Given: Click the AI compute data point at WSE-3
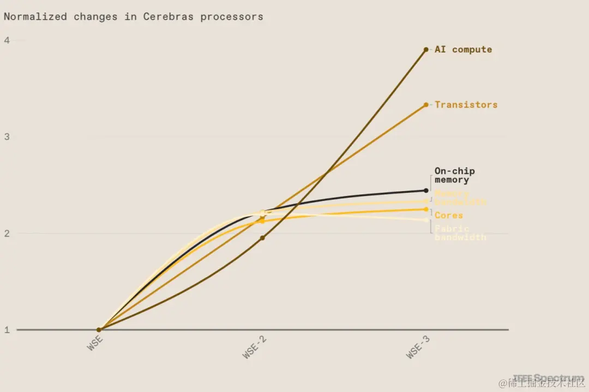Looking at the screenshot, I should tap(426, 50).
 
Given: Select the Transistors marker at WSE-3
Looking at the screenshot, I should tap(426, 105).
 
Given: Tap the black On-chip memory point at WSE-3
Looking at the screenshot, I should tap(426, 191).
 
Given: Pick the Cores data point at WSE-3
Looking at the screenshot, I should tap(426, 209).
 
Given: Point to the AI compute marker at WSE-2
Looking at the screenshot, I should tap(262, 238).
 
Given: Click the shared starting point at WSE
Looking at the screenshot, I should tap(99, 330).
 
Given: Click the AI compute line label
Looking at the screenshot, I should tap(463, 50).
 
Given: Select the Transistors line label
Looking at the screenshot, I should tap(466, 105).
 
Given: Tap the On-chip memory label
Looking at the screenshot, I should tap(454, 175).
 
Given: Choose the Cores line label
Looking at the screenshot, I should tap(448, 216).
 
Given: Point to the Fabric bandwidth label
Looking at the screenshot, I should tap(460, 233).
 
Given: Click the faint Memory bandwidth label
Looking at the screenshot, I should tap(460, 198).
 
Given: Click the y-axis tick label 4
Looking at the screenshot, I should tap(7, 40).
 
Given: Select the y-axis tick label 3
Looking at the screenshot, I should tap(7, 137).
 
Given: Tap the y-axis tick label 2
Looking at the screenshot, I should tap(7, 233).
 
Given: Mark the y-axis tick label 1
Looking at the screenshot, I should tap(7, 330).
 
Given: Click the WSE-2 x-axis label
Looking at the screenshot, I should tap(255, 347).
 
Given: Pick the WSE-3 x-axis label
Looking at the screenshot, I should tap(419, 347).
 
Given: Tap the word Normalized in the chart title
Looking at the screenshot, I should tap(35, 16).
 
